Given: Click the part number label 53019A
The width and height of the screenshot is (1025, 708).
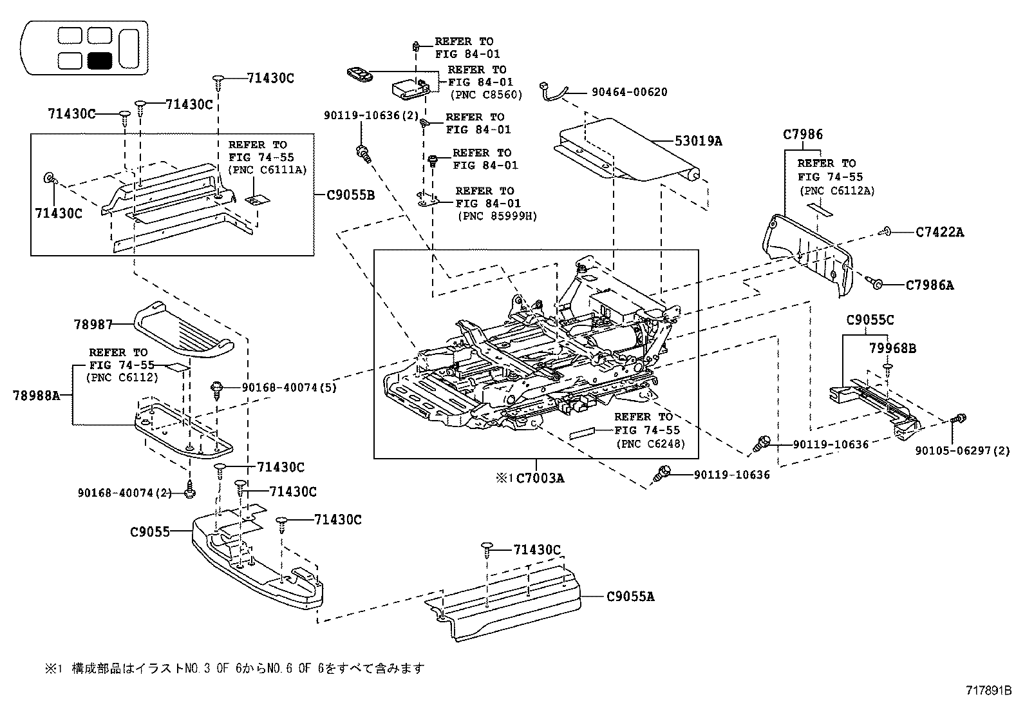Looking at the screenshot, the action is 699,140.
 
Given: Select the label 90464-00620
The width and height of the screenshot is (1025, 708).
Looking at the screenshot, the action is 629,92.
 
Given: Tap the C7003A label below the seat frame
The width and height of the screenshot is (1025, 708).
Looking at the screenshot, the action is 540,478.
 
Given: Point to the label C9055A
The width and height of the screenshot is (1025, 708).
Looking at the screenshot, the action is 630,597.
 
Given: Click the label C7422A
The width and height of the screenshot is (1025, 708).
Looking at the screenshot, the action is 939,232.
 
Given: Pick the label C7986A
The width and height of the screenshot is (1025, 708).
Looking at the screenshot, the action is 929,285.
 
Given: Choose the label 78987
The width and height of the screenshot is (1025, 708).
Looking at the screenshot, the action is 93,324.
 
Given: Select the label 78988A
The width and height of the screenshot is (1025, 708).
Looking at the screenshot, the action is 36,395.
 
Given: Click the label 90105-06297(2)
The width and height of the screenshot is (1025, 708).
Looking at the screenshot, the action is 962,450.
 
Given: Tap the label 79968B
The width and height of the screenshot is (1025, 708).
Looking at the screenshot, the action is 892,348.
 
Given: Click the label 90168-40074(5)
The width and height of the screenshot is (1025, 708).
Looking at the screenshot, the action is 289,387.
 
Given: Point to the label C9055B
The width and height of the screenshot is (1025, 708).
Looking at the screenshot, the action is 350,195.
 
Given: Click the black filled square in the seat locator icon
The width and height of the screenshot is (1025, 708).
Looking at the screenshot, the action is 100,61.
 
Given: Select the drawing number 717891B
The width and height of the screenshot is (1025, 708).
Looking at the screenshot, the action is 988,690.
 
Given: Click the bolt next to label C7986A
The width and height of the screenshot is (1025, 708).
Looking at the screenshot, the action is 874,283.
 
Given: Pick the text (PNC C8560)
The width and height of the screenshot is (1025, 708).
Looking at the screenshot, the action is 486,95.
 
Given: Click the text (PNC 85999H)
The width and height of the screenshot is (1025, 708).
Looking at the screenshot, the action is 498,216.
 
